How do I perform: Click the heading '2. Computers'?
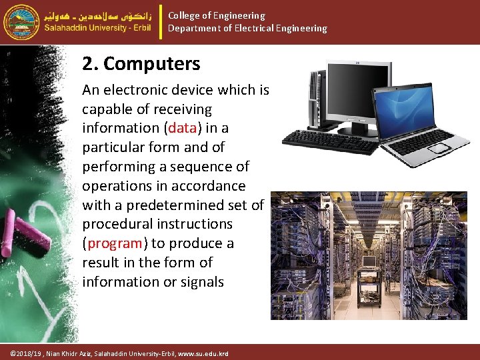pyautogui.click(x=141, y=64)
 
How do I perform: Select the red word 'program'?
pyautogui.click(x=114, y=243)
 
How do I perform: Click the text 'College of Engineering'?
pyautogui.click(x=216, y=15)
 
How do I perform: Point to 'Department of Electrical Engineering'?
pyautogui.click(x=247, y=28)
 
